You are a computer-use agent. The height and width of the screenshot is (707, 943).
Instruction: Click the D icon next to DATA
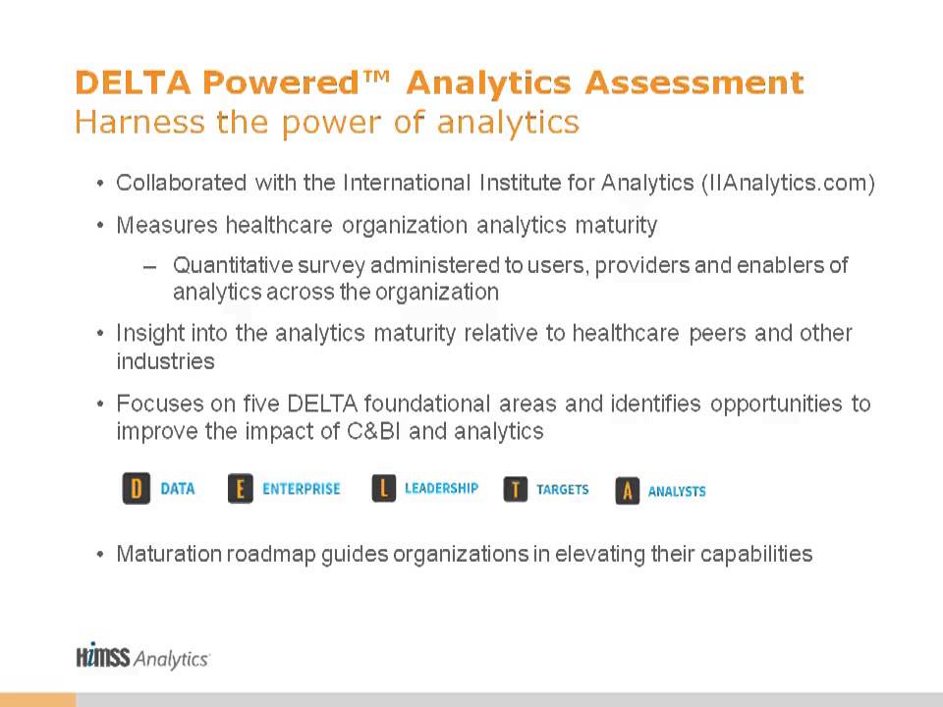pos(137,488)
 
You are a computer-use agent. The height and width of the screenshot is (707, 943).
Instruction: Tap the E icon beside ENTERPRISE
pos(241,488)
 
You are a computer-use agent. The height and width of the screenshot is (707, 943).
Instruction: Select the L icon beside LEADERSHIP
pos(384,488)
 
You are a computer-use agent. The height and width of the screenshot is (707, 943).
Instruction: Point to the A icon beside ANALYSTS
pos(628,491)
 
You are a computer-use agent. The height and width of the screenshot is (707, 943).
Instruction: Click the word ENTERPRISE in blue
pos(302,488)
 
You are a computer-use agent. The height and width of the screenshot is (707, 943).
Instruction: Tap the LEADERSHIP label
pos(441,488)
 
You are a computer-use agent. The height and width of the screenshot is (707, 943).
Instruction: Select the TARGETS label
pos(563,489)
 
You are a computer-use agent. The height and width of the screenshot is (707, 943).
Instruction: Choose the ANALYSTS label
pos(677,491)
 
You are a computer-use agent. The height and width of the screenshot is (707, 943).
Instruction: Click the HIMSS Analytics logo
pos(142,657)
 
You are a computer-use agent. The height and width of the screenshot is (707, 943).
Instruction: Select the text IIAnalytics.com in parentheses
pos(786,184)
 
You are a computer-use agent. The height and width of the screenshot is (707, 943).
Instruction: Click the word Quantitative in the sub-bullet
pos(234,265)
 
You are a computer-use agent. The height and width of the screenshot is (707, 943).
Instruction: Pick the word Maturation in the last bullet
pos(168,554)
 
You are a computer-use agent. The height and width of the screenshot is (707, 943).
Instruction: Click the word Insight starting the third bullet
pos(148,333)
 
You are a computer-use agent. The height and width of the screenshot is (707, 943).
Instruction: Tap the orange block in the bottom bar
pos(37,699)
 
